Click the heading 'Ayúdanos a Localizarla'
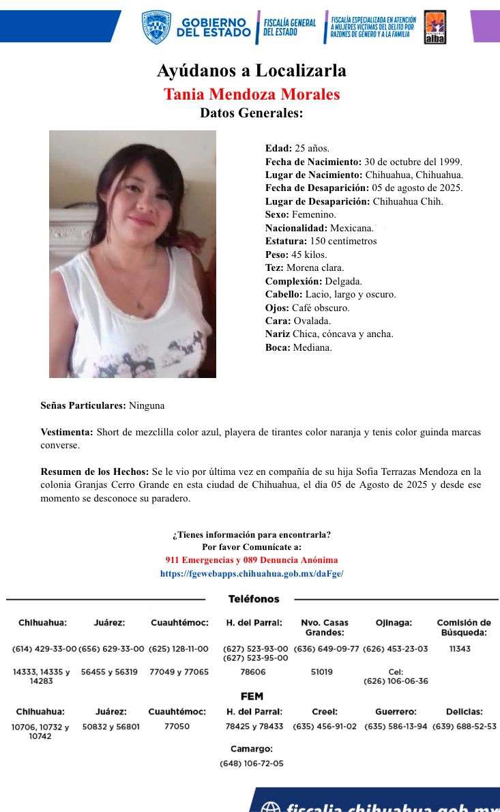click(251, 70)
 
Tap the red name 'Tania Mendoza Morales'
click(251, 93)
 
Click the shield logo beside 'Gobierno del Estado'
click(156, 27)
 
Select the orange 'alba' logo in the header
click(435, 27)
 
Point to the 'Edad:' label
click(278, 148)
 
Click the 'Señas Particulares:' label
click(83, 405)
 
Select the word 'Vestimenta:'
click(67, 432)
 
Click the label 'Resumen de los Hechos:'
click(94, 472)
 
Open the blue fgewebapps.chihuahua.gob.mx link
click(252, 574)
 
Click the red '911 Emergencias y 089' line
click(251, 560)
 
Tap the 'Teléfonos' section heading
click(254, 599)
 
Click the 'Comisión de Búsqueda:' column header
click(464, 627)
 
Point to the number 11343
click(460, 649)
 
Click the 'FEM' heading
click(252, 697)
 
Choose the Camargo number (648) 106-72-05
click(252, 764)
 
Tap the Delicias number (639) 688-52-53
click(465, 727)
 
